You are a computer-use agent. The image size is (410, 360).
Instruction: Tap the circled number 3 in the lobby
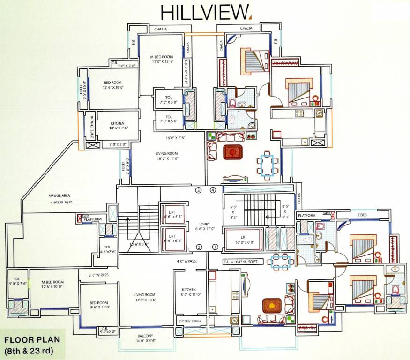click(x=199, y=190)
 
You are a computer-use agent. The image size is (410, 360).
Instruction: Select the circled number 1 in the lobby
click(x=216, y=247)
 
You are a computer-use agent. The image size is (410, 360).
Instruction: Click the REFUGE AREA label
click(x=59, y=195)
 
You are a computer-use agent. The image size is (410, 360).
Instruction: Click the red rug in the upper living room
click(x=231, y=152)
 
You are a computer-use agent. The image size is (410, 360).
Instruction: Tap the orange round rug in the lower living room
click(x=270, y=306)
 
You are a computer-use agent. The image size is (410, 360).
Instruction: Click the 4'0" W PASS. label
click(x=186, y=261)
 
